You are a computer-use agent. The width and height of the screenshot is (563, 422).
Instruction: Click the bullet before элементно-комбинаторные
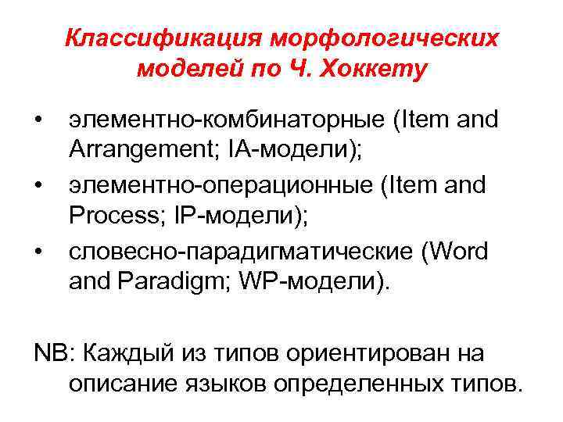(x=38, y=120)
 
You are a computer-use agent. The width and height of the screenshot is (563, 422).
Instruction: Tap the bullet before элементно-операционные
(x=38, y=186)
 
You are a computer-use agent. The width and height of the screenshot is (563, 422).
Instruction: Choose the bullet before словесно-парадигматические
(x=38, y=252)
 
